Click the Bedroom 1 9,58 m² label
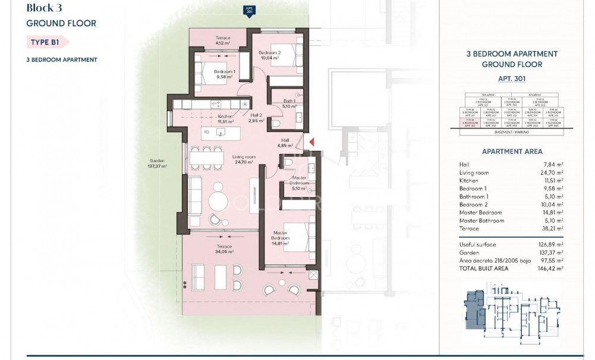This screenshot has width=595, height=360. (225, 74)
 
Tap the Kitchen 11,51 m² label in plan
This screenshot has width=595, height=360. (225, 119)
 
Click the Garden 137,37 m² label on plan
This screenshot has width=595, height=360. (157, 163)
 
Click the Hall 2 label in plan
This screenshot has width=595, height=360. (256, 118)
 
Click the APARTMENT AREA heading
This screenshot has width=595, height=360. (511, 151)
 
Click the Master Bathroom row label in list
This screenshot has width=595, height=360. (481, 220)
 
